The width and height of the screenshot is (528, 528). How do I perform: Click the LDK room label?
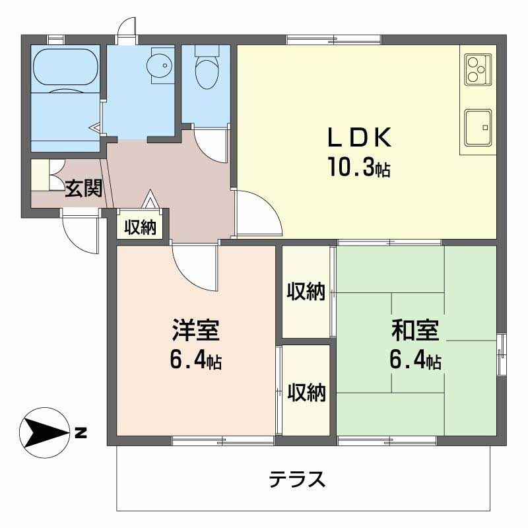click(x=360, y=137)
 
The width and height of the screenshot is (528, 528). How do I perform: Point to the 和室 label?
click(x=414, y=329)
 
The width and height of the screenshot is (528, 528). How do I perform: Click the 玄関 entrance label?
click(x=83, y=189)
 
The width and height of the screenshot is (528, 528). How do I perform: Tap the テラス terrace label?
click(x=297, y=478)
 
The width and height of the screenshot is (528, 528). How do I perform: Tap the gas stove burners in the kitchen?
click(x=477, y=68)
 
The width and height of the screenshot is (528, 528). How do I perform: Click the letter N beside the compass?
click(x=81, y=434)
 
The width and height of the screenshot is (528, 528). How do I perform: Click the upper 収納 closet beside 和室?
click(x=306, y=291)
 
